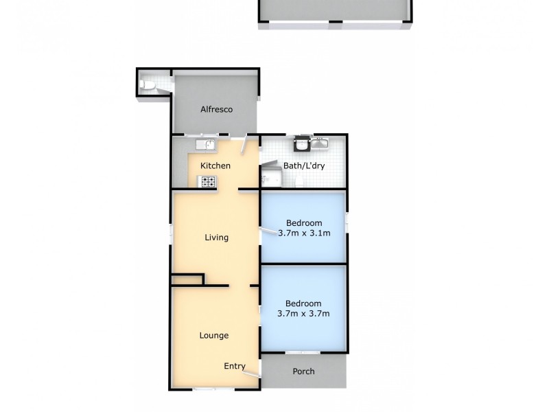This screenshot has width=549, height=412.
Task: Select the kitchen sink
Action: click(205, 144)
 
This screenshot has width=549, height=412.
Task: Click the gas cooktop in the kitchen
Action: click(207, 181)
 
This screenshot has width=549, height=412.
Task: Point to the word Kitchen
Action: click(215, 165)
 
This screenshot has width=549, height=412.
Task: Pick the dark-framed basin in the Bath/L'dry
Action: click(301, 144)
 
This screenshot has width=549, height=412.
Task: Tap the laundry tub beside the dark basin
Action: click(320, 144)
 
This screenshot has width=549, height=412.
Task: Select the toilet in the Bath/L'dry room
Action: click(301, 181)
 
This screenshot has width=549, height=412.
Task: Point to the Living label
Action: click(216, 238)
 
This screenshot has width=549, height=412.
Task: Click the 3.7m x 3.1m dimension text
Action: click(304, 233)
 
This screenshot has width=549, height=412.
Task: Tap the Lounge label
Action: click(214, 335)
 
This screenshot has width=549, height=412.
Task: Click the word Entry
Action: click(235, 366)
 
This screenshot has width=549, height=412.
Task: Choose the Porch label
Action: click(303, 371)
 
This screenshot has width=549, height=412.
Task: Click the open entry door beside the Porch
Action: click(253, 373)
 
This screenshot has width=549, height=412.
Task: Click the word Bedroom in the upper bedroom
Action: click(304, 223)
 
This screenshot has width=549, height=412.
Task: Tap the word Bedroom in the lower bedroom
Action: click(304, 304)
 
